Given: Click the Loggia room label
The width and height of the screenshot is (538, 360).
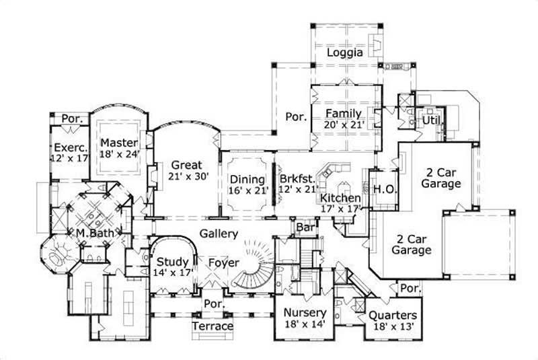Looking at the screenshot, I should click(345, 52).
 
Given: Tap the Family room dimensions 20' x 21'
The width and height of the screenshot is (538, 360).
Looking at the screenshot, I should click(344, 124).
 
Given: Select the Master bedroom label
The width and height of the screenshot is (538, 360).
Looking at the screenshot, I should click(119, 142).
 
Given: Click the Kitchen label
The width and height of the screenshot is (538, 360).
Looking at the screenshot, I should click(340, 199).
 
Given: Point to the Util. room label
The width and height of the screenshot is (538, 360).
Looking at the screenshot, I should click(430, 120).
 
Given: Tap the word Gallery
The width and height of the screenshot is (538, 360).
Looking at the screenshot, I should click(218, 234).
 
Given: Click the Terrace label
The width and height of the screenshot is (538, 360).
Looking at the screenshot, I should click(213, 326).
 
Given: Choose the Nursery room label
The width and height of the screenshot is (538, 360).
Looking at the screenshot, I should click(305, 313).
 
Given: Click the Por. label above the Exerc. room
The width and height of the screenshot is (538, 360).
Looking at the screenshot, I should click(72, 118).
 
